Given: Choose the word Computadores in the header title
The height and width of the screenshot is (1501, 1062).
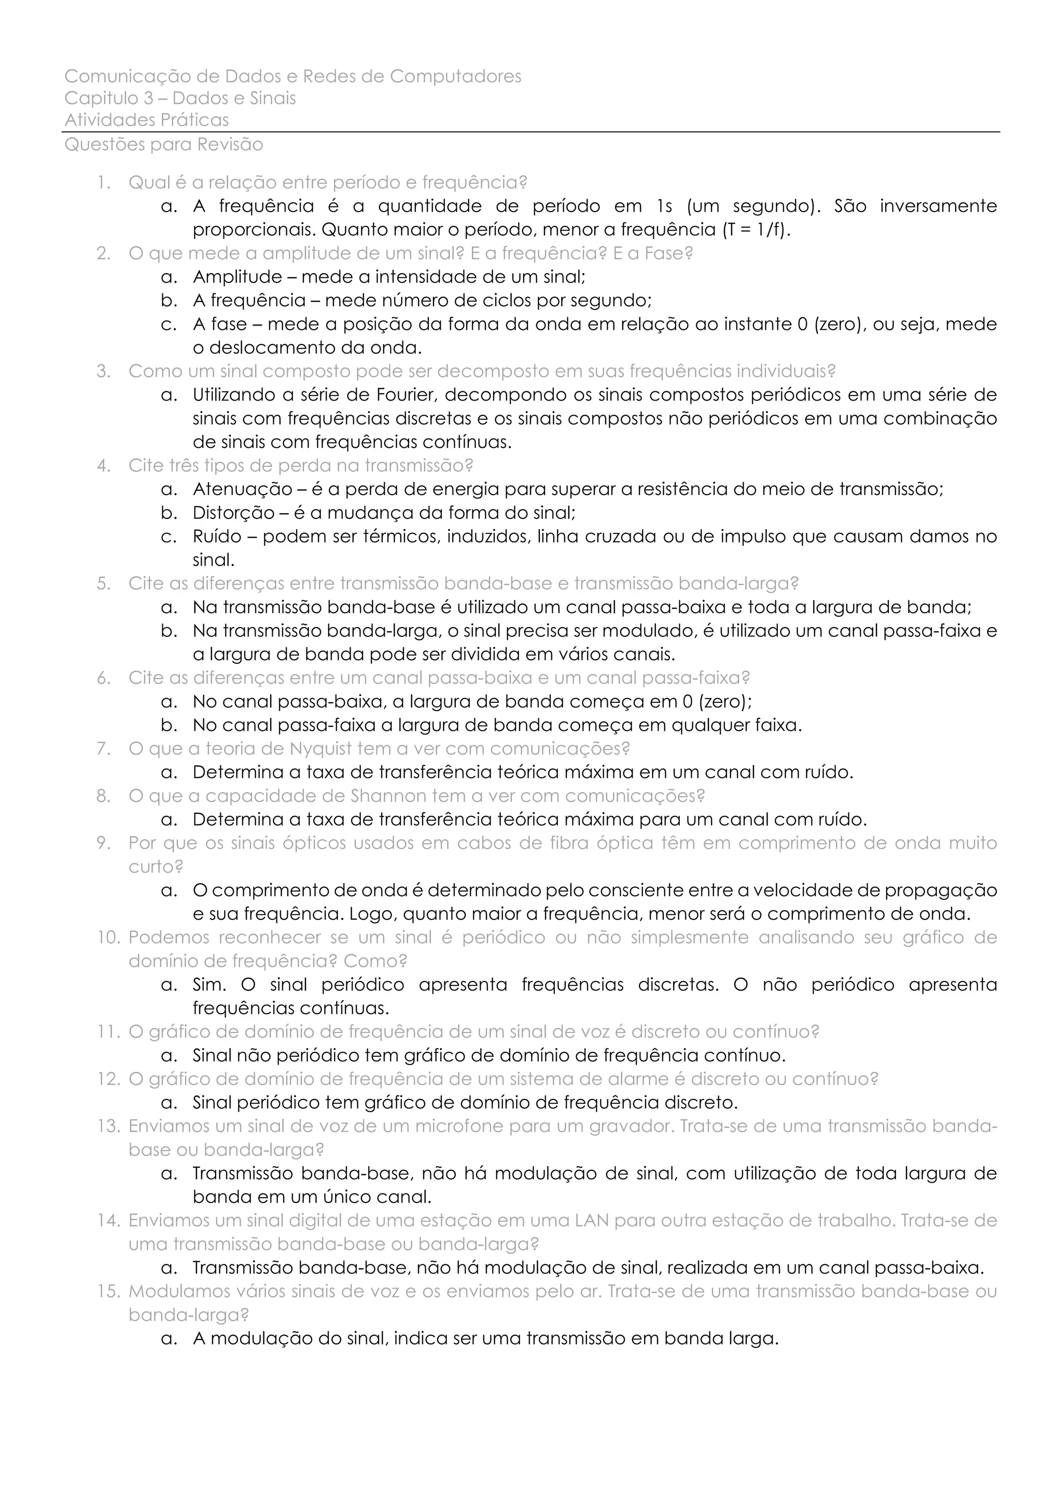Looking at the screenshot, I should pos(456,77).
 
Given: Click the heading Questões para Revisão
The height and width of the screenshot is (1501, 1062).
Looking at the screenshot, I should pos(163,145).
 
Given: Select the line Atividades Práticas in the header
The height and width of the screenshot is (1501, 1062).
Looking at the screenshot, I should pos(146,120).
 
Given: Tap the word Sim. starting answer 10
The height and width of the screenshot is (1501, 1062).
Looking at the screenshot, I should pos(209,985).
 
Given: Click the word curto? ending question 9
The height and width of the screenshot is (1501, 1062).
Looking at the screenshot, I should pos(156,867).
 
